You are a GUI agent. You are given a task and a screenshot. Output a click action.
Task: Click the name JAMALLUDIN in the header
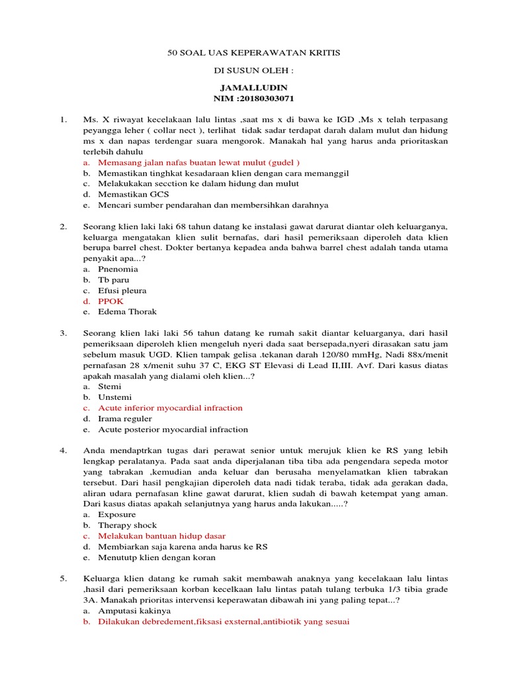(253, 87)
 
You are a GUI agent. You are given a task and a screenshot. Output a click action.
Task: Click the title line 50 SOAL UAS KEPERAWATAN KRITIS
(253, 52)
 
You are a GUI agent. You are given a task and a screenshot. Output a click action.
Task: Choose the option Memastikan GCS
(134, 194)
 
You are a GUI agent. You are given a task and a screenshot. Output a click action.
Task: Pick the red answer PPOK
(110, 301)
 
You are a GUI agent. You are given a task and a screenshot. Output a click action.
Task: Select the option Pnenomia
(118, 269)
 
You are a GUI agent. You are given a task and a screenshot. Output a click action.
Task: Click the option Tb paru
(114, 280)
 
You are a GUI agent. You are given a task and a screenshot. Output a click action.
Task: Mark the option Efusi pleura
(122, 291)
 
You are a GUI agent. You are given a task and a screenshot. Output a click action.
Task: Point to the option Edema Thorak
(128, 312)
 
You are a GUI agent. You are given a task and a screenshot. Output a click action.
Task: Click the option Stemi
(110, 387)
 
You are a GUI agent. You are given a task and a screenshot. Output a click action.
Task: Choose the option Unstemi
(115, 397)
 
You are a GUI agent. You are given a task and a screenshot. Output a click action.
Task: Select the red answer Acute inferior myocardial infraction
(170, 408)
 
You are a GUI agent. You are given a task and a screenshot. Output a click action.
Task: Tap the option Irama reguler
(125, 418)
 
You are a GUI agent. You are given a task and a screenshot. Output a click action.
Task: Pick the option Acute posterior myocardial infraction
(173, 429)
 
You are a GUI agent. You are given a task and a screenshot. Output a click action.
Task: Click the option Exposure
(117, 514)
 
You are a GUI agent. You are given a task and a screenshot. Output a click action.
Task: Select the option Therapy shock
(128, 525)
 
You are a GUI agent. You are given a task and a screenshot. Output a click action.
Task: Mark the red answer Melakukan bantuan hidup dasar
(161, 536)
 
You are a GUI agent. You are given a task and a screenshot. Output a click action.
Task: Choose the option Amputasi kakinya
(134, 610)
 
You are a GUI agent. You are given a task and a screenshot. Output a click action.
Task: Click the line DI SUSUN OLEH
(253, 70)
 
